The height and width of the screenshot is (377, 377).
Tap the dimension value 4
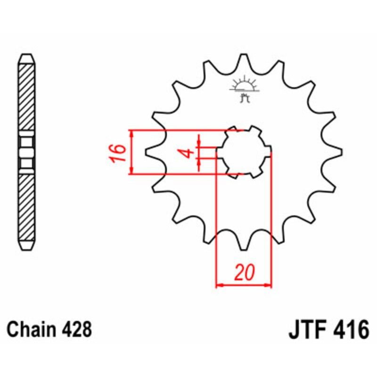[187, 153]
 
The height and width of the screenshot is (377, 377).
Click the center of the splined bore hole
[244, 152]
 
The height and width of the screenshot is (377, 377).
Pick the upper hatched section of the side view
[26, 99]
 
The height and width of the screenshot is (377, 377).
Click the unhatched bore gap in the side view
[26, 152]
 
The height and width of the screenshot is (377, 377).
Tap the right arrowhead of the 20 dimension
[270, 285]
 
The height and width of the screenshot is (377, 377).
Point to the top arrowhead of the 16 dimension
[132, 133]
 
